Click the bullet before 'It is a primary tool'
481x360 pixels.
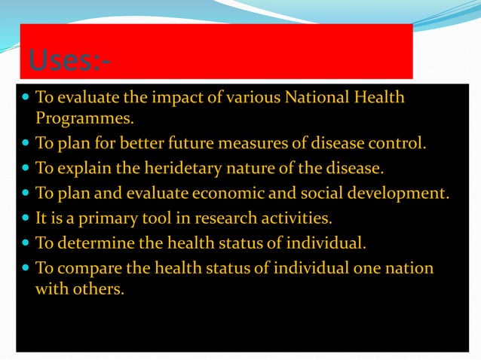pyautogui.click(x=25, y=218)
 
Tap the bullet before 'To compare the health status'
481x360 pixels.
pyautogui.click(x=25, y=267)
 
